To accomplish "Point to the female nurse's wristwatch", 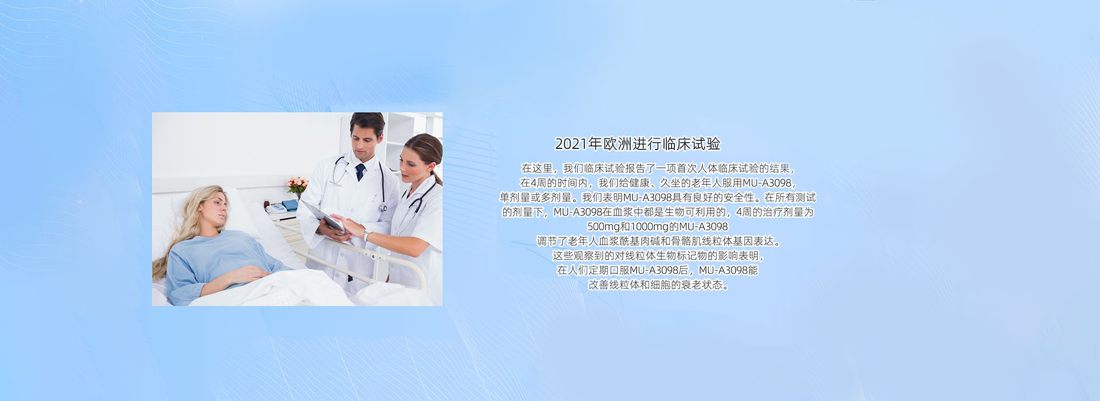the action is click(366, 235).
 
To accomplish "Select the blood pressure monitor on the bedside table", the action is click(277, 208).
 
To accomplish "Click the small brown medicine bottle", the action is click(266, 203).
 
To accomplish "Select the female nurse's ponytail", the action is click(437, 174).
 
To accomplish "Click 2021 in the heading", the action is click(571, 144).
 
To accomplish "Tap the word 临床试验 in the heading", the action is click(692, 144).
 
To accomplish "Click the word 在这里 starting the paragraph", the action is click(537, 168).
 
